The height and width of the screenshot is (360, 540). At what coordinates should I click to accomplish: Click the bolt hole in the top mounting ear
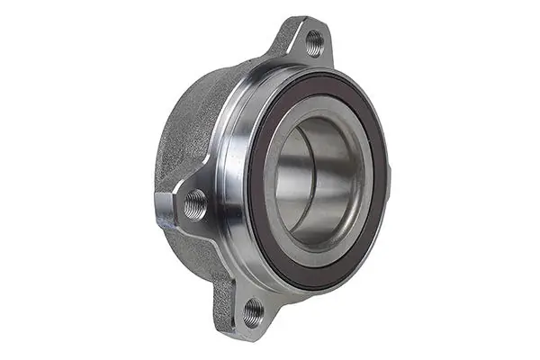click(x=313, y=40)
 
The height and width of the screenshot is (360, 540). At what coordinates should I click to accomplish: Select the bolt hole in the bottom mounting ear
click(x=254, y=311)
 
